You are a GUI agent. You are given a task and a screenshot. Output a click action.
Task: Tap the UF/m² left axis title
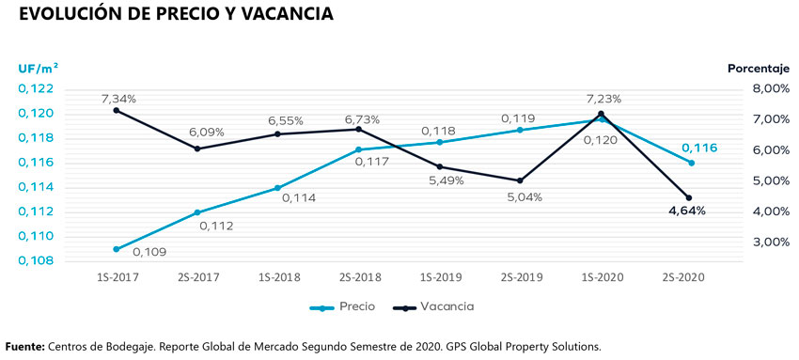38,68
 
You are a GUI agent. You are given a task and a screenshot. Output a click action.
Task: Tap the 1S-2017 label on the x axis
116,277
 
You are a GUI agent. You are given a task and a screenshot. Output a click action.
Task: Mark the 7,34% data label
119,99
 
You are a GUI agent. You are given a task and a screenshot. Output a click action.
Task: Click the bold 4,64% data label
686,211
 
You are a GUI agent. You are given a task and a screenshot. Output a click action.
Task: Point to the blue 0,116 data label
697,148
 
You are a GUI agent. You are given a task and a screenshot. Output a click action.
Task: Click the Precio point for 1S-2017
116,249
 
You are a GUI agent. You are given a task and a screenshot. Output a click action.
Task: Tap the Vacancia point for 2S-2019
520,180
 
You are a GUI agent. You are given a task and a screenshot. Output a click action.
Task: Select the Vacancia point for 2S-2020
689,197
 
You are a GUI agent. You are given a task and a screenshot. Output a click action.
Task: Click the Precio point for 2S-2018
358,149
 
